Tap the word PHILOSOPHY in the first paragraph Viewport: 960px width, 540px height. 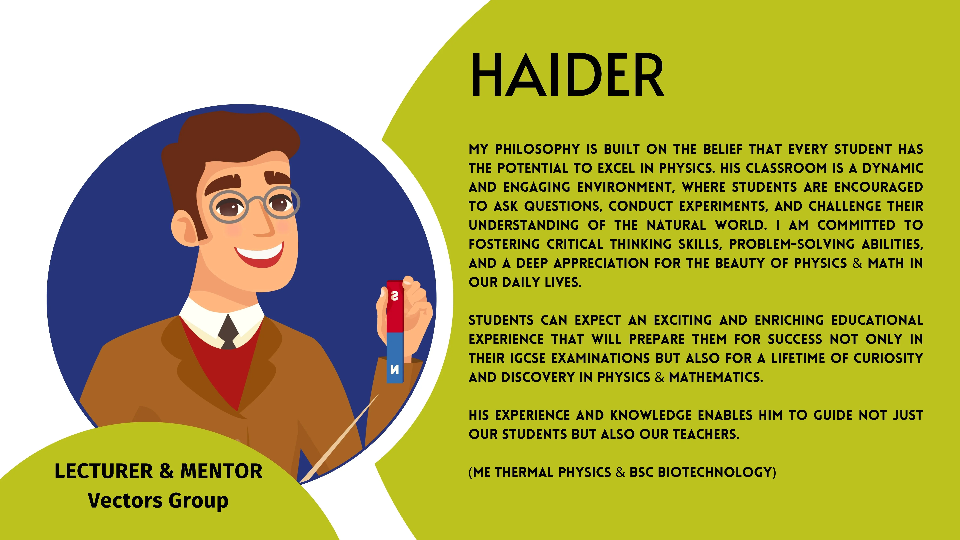click(x=537, y=149)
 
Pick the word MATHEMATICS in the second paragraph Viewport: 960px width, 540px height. click(x=716, y=377)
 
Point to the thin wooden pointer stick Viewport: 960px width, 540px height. click(x=339, y=438)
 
